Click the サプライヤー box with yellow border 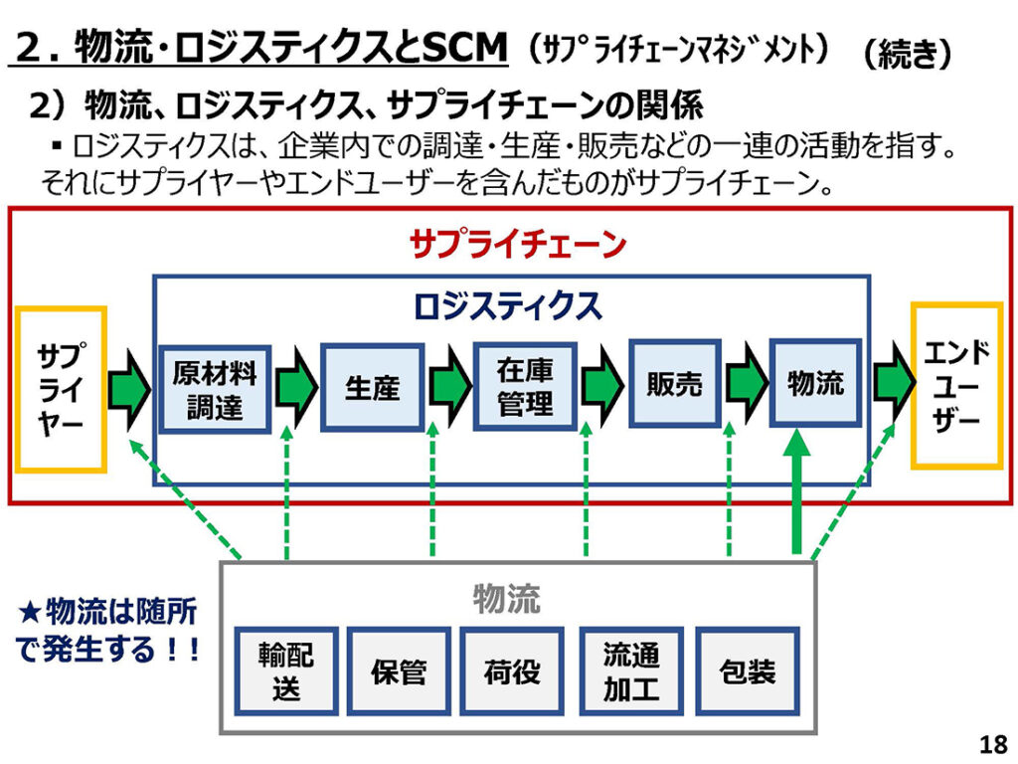[61, 388]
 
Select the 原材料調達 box [214, 389]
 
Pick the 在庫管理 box [525, 387]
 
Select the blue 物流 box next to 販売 [815, 384]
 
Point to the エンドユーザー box [956, 385]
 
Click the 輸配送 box [286, 670]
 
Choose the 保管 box [399, 670]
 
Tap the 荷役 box [512, 670]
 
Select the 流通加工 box [630, 670]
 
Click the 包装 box [747, 670]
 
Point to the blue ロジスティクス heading [508, 305]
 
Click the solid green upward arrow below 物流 [796, 492]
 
